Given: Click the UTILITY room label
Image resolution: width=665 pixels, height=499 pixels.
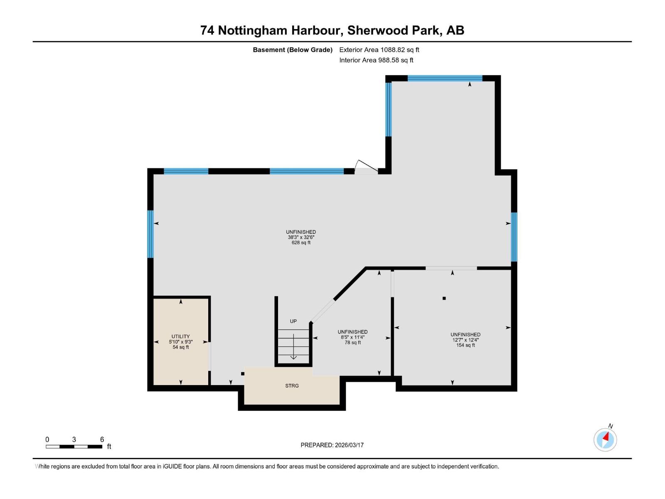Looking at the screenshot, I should pyautogui.click(x=180, y=336).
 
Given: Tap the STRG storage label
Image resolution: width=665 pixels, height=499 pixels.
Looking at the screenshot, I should pyautogui.click(x=292, y=386).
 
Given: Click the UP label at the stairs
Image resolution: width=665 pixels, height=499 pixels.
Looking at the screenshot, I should pyautogui.click(x=293, y=321).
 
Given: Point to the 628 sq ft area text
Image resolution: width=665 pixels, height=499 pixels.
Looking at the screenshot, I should pyautogui.click(x=301, y=242).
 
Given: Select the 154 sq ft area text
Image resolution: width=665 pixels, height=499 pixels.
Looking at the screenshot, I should pyautogui.click(x=465, y=345).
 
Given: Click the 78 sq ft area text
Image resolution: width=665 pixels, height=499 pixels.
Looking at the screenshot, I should pyautogui.click(x=352, y=343).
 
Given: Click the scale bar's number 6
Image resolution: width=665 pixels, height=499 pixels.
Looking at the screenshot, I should pyautogui.click(x=102, y=440).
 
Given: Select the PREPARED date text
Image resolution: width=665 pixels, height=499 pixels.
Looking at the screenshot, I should pyautogui.click(x=332, y=445).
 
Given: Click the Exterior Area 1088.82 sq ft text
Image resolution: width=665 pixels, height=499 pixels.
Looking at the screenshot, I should pyautogui.click(x=379, y=49).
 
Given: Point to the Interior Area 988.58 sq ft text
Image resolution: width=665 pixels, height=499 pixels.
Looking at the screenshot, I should pyautogui.click(x=376, y=60).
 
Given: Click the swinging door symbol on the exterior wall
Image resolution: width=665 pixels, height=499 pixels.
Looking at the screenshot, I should pyautogui.click(x=366, y=167).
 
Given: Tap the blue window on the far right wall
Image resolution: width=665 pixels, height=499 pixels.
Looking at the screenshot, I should pyautogui.click(x=514, y=237).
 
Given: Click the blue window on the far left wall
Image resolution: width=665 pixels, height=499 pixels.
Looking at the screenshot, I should pyautogui.click(x=150, y=234).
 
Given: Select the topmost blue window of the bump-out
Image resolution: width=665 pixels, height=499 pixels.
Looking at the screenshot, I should pyautogui.click(x=445, y=78).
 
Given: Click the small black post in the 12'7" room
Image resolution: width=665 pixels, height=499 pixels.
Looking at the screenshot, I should pyautogui.click(x=444, y=298).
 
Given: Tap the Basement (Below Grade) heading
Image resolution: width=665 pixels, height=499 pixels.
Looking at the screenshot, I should pyautogui.click(x=293, y=49).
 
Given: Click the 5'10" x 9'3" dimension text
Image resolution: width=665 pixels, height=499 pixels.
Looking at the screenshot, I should pyautogui.click(x=180, y=342).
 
